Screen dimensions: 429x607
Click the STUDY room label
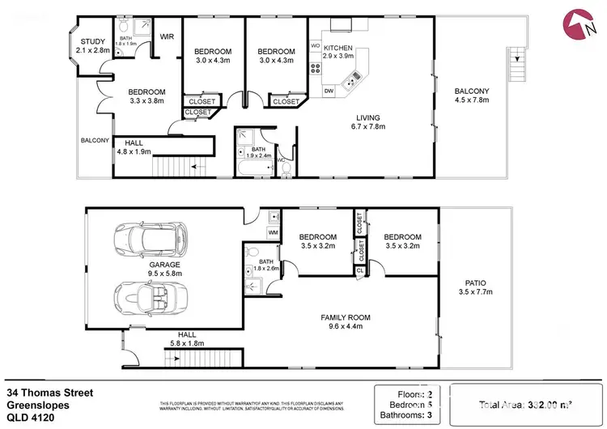(94, 45)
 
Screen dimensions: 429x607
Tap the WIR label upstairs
(168, 36)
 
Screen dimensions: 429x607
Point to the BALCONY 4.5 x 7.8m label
(470, 96)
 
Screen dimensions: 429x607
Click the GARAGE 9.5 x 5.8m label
(164, 270)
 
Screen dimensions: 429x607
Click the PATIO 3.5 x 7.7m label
(475, 286)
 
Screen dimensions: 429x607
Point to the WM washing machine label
(272, 233)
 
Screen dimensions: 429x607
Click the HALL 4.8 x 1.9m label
(134, 147)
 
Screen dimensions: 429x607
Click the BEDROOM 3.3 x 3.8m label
(146, 96)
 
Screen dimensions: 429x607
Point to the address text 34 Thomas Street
(49, 393)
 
